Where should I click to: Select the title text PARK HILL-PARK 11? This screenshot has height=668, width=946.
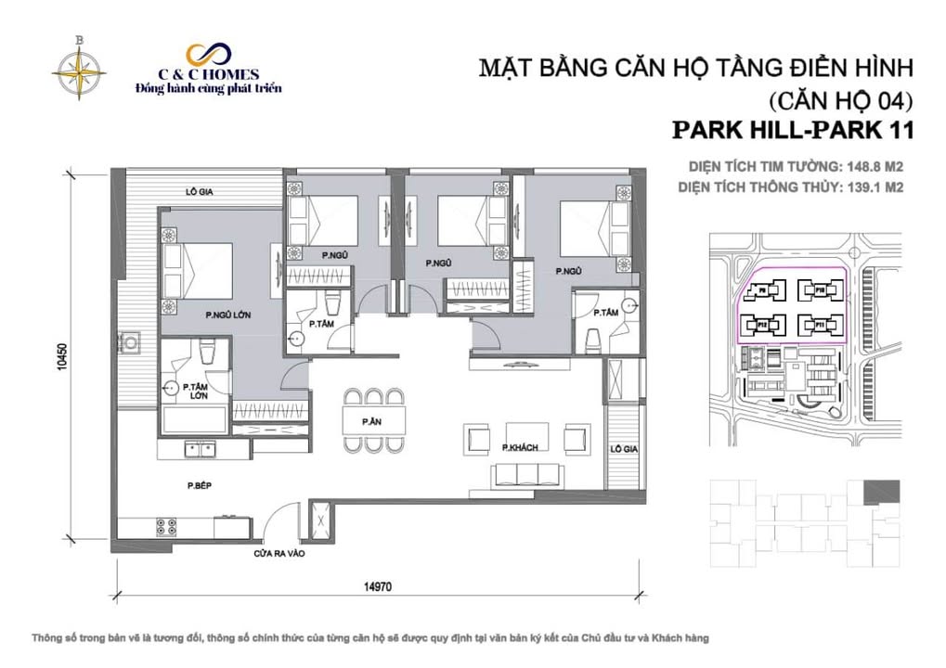[792, 130]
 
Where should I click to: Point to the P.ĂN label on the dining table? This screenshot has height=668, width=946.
[373, 421]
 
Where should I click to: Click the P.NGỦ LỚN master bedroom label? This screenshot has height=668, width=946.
[230, 315]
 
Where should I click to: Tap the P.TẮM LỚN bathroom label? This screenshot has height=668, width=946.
[195, 391]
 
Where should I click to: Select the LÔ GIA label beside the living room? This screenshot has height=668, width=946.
[623, 449]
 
